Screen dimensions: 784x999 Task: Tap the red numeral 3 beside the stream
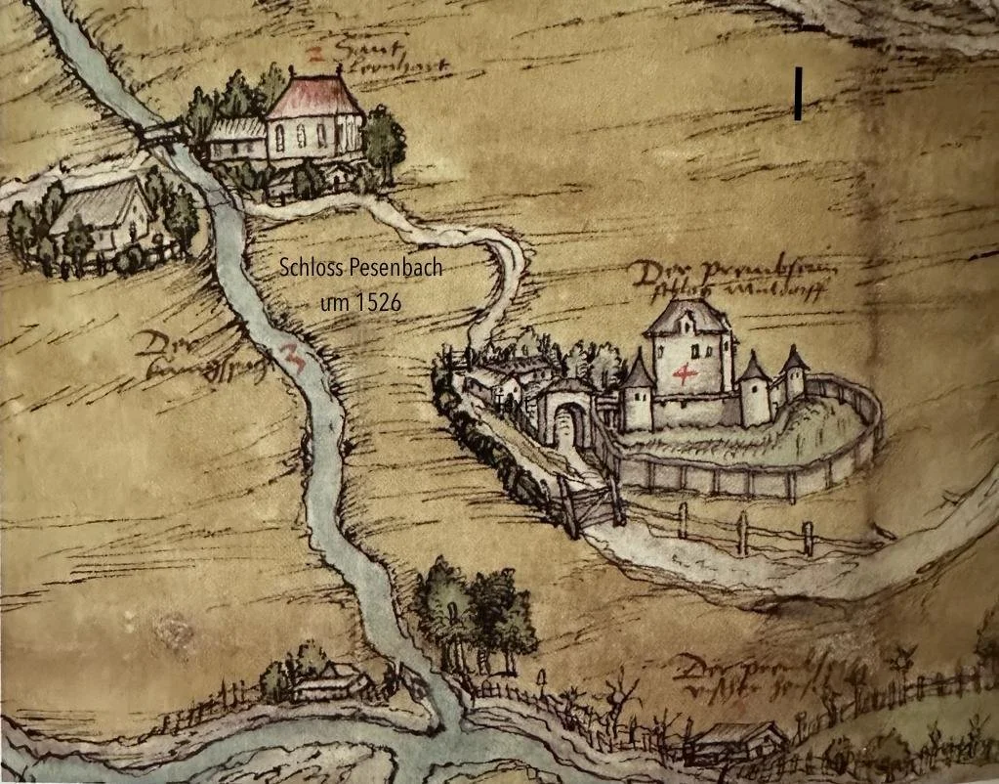click(291, 357)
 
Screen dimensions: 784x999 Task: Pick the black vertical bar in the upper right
click(798, 94)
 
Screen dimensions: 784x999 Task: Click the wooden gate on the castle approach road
click(590, 505)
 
